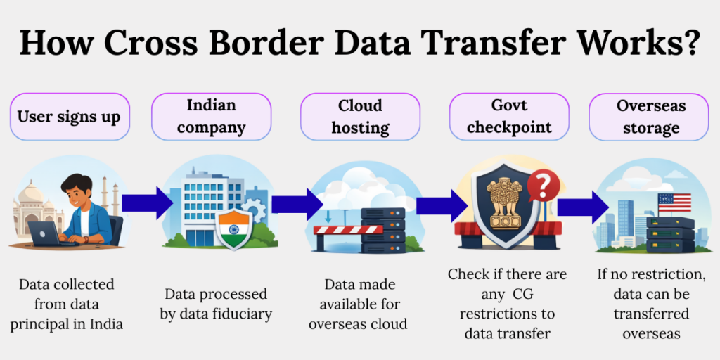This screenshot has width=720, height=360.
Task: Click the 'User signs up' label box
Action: point(70,116)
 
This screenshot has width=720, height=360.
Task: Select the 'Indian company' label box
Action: point(211,116)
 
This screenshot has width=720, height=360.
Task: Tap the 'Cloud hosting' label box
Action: point(360,116)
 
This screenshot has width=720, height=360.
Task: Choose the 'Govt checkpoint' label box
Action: point(508,116)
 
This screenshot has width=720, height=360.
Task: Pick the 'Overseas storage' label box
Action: point(650,116)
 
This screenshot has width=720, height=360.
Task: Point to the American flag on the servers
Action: point(674,202)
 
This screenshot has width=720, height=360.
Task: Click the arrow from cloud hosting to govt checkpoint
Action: point(442,205)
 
